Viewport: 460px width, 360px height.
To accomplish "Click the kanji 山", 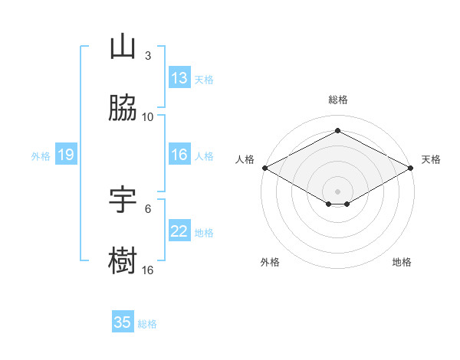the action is tap(123, 46).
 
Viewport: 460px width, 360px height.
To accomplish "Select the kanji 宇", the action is tap(123, 199).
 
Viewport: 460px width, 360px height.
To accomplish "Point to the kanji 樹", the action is tap(123, 260).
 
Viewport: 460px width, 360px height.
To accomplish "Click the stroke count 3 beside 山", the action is tap(148, 56).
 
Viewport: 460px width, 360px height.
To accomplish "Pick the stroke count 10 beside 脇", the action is tap(147, 117).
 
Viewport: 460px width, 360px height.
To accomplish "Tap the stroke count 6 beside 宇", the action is tap(148, 209).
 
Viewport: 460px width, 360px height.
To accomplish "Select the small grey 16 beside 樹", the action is tap(147, 270).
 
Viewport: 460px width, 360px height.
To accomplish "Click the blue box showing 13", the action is tap(179, 77).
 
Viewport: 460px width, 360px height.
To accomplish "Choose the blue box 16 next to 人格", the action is tap(179, 154).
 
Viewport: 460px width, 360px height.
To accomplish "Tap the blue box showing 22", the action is tap(179, 230).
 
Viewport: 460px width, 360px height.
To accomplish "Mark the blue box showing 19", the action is tap(66, 154).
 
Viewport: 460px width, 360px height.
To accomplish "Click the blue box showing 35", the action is tap(123, 321).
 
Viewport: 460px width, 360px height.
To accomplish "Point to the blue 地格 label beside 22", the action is tap(204, 233).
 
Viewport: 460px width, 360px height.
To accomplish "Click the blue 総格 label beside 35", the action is tap(147, 324).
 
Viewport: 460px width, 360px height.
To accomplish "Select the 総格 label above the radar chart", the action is tap(338, 100).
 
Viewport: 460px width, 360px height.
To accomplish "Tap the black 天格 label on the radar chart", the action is tap(431, 159).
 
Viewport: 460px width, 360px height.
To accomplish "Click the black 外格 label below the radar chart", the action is tap(270, 262).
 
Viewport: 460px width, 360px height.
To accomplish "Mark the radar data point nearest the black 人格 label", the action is tap(265, 168).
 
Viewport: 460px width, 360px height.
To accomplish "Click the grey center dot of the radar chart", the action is tap(337, 191).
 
